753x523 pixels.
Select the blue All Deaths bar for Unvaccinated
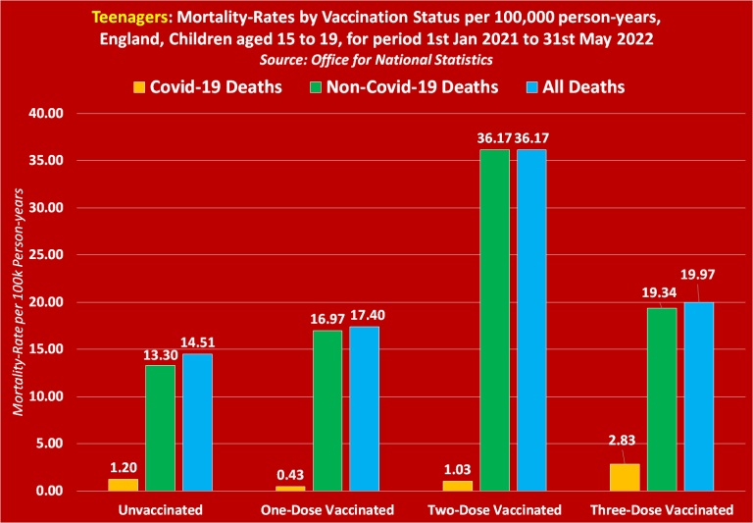click(x=197, y=422)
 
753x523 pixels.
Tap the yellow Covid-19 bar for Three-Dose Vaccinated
click(x=625, y=477)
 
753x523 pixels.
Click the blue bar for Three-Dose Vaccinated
click(x=699, y=396)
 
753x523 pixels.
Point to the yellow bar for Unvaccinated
click(x=123, y=485)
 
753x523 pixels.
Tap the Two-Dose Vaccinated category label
click(x=494, y=510)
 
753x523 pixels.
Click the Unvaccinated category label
click(x=160, y=510)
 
